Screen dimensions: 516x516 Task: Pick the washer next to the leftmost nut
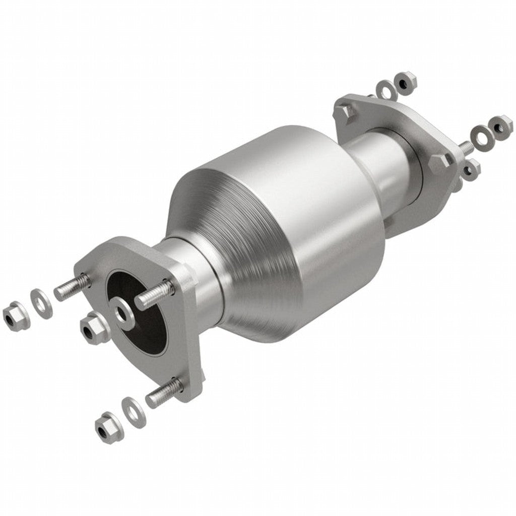tap(41, 303)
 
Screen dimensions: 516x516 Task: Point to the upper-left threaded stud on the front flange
tap(71, 287)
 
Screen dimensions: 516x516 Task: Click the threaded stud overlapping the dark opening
tap(154, 294)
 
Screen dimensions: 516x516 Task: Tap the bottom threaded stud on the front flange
tap(163, 393)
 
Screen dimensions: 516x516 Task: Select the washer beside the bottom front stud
tap(134, 409)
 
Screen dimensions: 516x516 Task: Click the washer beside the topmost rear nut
tap(386, 90)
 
